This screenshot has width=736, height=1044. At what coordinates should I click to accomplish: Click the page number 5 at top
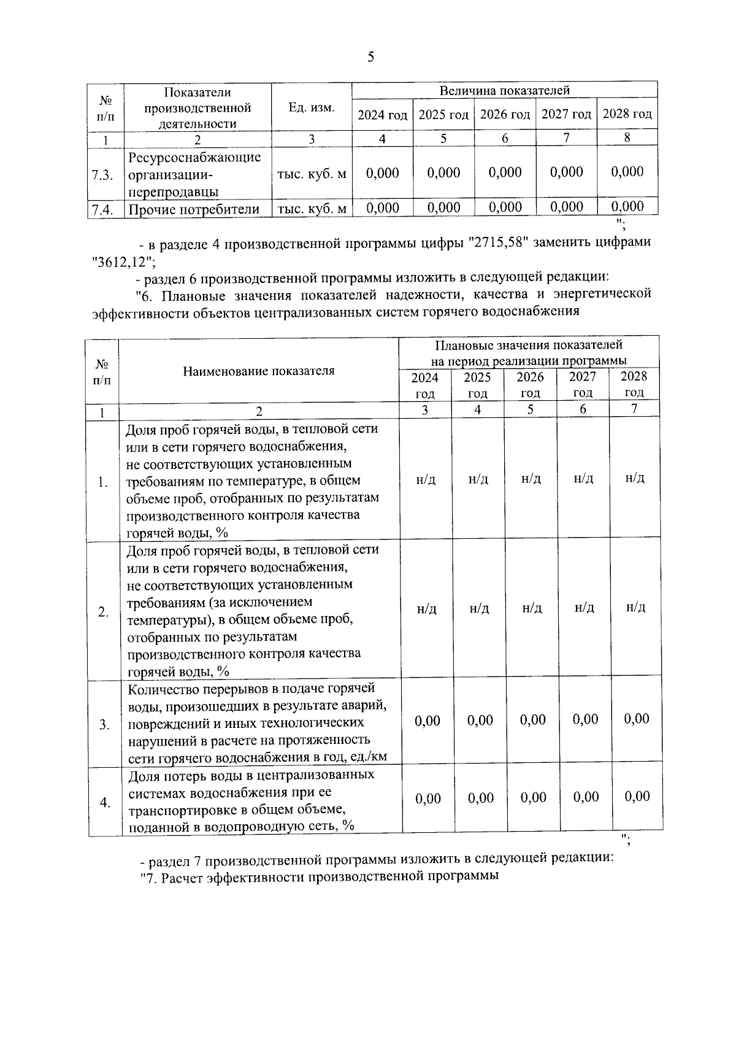tap(370, 58)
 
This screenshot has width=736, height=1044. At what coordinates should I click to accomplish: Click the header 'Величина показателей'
tap(504, 91)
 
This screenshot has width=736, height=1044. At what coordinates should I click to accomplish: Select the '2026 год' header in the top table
tap(505, 115)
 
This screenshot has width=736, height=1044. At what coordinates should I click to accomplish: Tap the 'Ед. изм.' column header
tap(312, 108)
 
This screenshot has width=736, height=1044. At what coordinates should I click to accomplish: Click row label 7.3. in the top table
tap(102, 176)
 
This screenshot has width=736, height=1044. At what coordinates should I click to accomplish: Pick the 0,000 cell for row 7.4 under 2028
tap(627, 207)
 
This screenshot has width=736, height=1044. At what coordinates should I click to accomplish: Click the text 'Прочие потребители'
tap(194, 210)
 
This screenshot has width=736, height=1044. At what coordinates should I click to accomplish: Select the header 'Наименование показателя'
tap(258, 371)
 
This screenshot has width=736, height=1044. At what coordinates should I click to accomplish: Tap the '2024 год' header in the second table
tap(424, 385)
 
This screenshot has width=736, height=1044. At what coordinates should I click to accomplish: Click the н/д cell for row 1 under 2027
tap(583, 479)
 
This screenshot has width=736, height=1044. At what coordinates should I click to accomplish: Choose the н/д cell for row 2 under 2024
tap(426, 609)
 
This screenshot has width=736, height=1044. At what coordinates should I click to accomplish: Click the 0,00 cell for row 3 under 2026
tap(532, 720)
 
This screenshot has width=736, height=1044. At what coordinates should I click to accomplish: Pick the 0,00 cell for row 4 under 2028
tap(637, 797)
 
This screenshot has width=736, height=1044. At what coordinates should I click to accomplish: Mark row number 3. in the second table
tap(104, 725)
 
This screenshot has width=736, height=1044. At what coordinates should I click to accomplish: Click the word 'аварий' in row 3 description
tap(367, 706)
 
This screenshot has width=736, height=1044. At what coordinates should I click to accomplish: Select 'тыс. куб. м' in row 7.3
tap(312, 174)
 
